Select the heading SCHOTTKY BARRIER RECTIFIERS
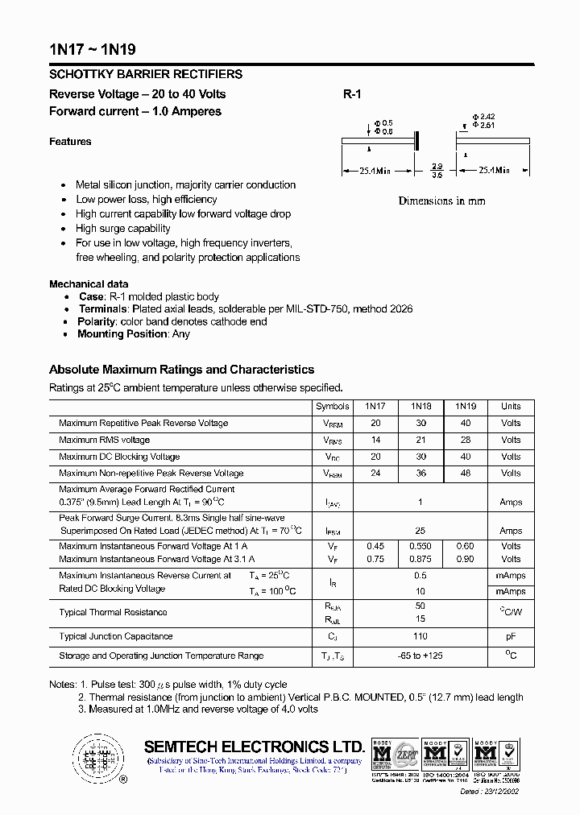click(x=145, y=74)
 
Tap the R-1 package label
click(x=352, y=94)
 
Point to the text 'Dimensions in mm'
click(x=441, y=201)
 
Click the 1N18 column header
click(x=420, y=407)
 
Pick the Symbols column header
click(x=333, y=407)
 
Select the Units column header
click(x=511, y=407)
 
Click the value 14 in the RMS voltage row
click(x=375, y=441)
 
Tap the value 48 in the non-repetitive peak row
click(x=466, y=474)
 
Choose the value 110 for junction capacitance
click(x=420, y=636)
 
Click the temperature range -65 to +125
click(x=420, y=656)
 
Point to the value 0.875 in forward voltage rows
click(x=420, y=559)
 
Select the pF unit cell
click(x=511, y=636)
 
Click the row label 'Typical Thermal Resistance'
click(x=113, y=613)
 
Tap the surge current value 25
click(x=420, y=531)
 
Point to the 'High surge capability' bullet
click(x=123, y=229)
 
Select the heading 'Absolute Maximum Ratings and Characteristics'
click(x=181, y=370)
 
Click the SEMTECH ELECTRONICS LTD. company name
click(x=254, y=747)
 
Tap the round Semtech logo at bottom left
click(x=97, y=758)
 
